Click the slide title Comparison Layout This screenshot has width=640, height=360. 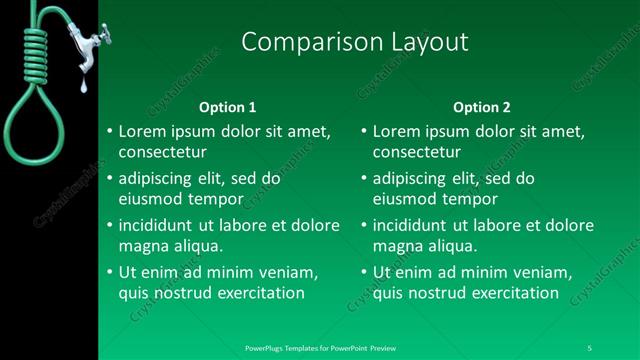(355, 42)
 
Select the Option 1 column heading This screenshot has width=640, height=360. (228, 107)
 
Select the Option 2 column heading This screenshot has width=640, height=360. (481, 107)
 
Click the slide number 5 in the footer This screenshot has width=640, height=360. (590, 347)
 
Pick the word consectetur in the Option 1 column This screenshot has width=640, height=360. (163, 153)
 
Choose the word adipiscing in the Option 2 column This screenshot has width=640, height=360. (409, 178)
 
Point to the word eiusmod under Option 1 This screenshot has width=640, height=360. (152, 199)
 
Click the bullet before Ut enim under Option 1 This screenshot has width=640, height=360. (109, 272)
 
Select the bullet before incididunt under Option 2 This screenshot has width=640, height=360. (363, 225)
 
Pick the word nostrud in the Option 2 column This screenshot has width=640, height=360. (436, 293)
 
